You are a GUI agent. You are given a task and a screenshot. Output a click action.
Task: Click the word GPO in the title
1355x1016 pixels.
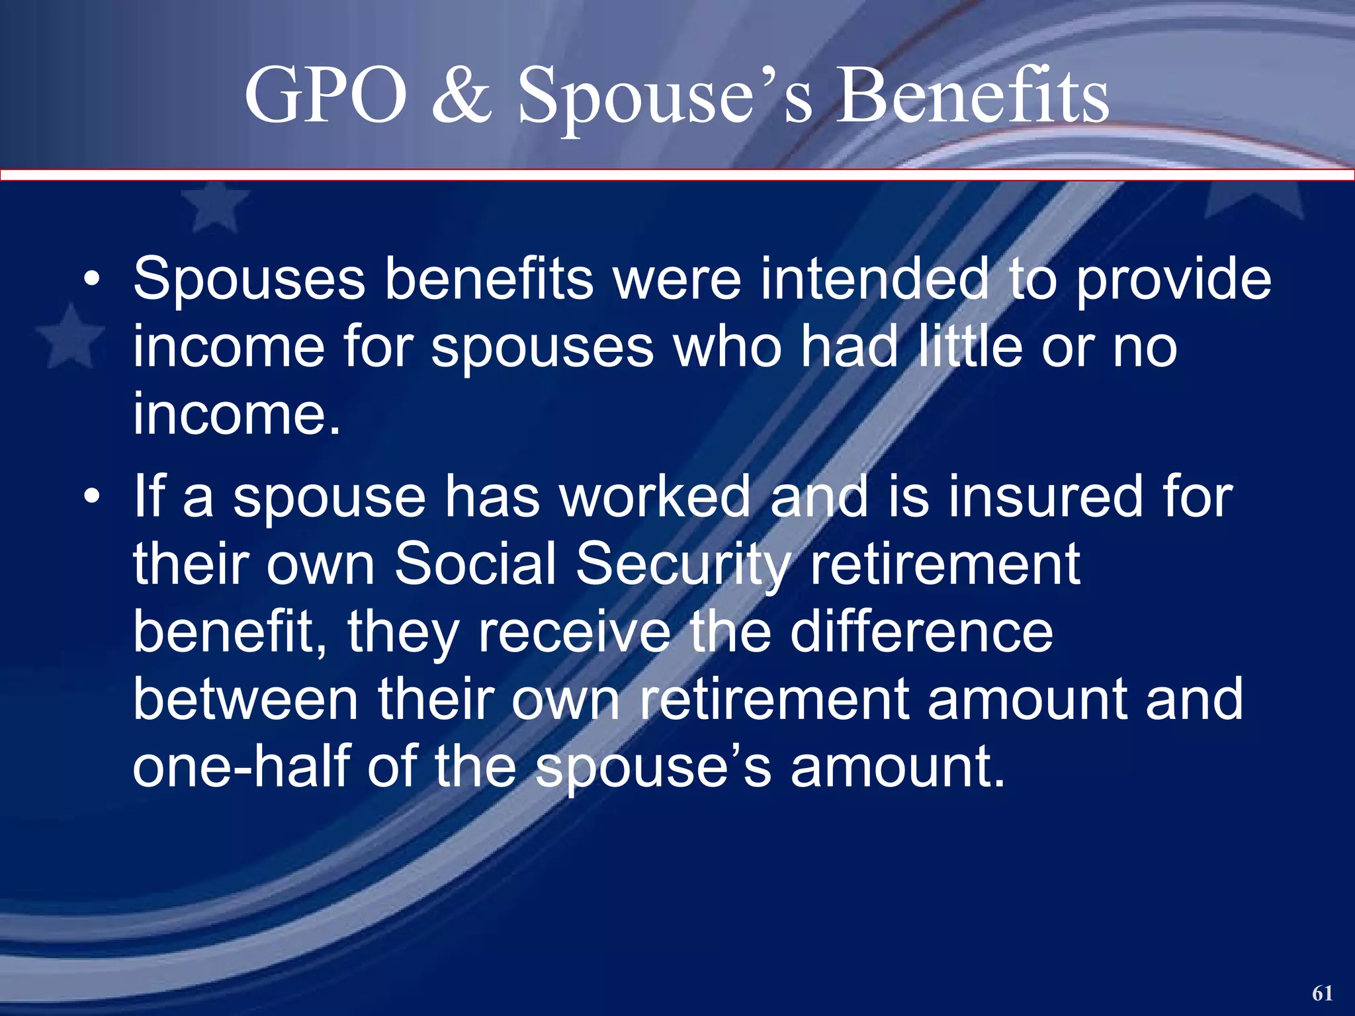tap(325, 96)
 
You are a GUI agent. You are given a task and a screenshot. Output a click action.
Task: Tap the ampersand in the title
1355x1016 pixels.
tap(462, 96)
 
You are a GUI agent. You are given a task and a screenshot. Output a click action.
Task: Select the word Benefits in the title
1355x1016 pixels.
tap(973, 96)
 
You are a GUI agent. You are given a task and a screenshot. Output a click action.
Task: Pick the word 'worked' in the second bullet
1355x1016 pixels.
tap(655, 497)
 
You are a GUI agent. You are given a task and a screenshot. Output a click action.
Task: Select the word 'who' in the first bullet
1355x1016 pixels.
tap(728, 347)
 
